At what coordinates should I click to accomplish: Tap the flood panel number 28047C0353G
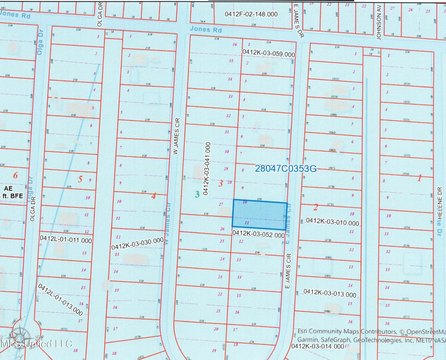(x=285, y=169)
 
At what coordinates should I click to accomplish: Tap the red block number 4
(x=153, y=195)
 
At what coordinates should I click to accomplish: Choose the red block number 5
(x=79, y=178)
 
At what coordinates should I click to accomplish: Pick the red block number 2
(x=316, y=207)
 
